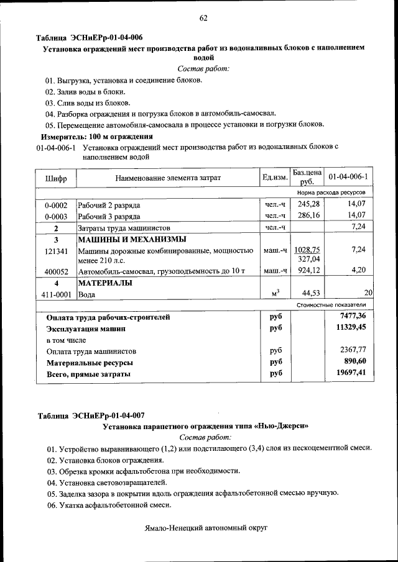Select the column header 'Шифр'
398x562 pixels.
[x=56, y=179]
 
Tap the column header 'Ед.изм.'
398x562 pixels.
[x=275, y=178]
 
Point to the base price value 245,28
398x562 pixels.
[x=308, y=204]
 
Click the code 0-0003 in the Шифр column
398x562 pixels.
[x=56, y=215]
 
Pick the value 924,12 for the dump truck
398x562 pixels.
[x=308, y=271]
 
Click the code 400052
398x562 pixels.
[x=56, y=271]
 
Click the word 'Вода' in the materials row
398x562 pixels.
[x=86, y=294]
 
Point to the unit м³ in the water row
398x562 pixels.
[x=275, y=294]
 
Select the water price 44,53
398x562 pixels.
[x=308, y=293]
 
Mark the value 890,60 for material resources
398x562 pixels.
[x=355, y=361]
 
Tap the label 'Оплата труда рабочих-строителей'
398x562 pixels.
[x=108, y=317]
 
